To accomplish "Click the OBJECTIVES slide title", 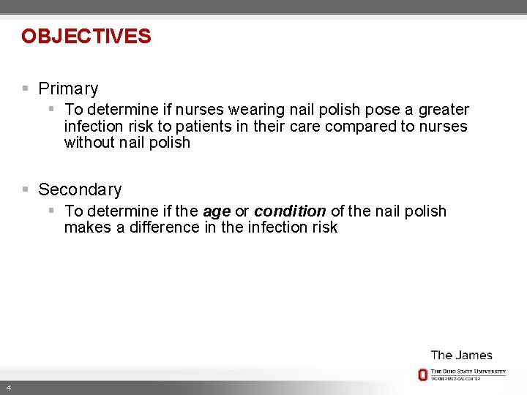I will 86,37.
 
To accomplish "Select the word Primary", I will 68,89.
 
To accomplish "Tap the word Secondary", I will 80,190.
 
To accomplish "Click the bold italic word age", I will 217,211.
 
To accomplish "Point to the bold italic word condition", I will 290,211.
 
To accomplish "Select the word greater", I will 444,110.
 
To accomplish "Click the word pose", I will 382,110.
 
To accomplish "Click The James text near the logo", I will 461,355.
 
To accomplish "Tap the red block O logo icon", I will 422,375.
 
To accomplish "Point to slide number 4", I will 7,387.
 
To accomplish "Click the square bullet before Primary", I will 25,89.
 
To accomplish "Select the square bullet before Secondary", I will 25,189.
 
